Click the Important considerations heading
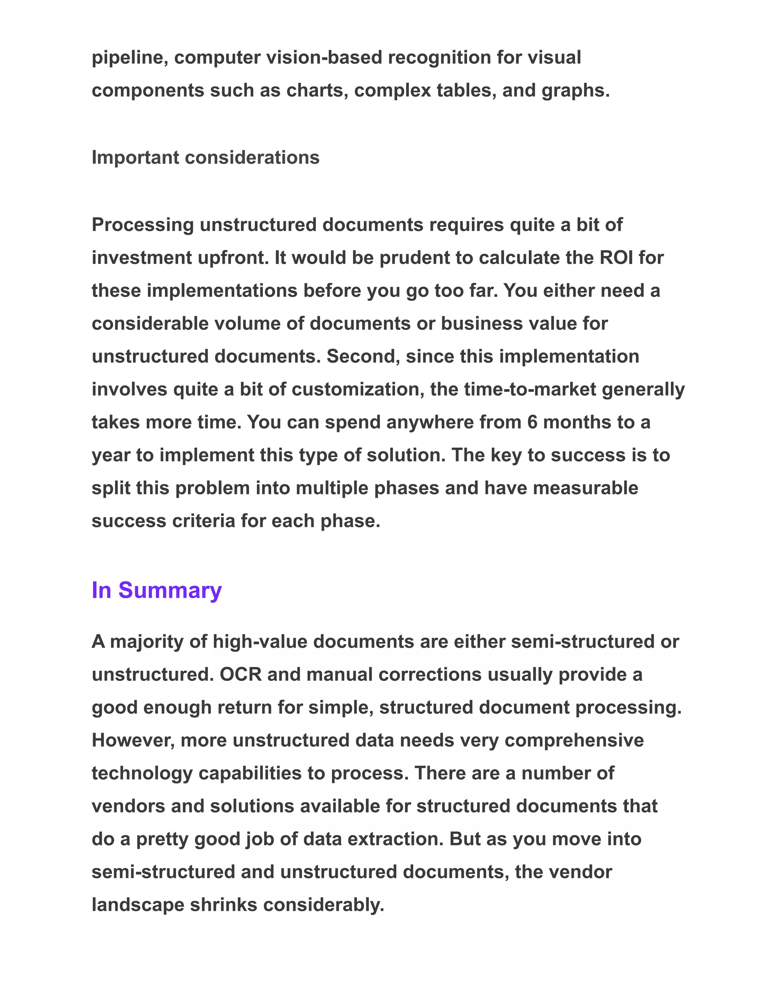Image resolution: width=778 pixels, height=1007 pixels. pyautogui.click(x=206, y=158)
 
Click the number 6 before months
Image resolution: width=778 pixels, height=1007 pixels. pyautogui.click(x=532, y=422)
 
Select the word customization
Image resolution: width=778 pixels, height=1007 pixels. pyautogui.click(x=357, y=389)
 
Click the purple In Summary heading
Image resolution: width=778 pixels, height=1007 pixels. pyautogui.click(x=157, y=590)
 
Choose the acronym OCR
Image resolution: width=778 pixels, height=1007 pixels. pyautogui.click(x=240, y=674)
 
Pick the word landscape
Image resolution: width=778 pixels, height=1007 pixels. pyautogui.click(x=138, y=905)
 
